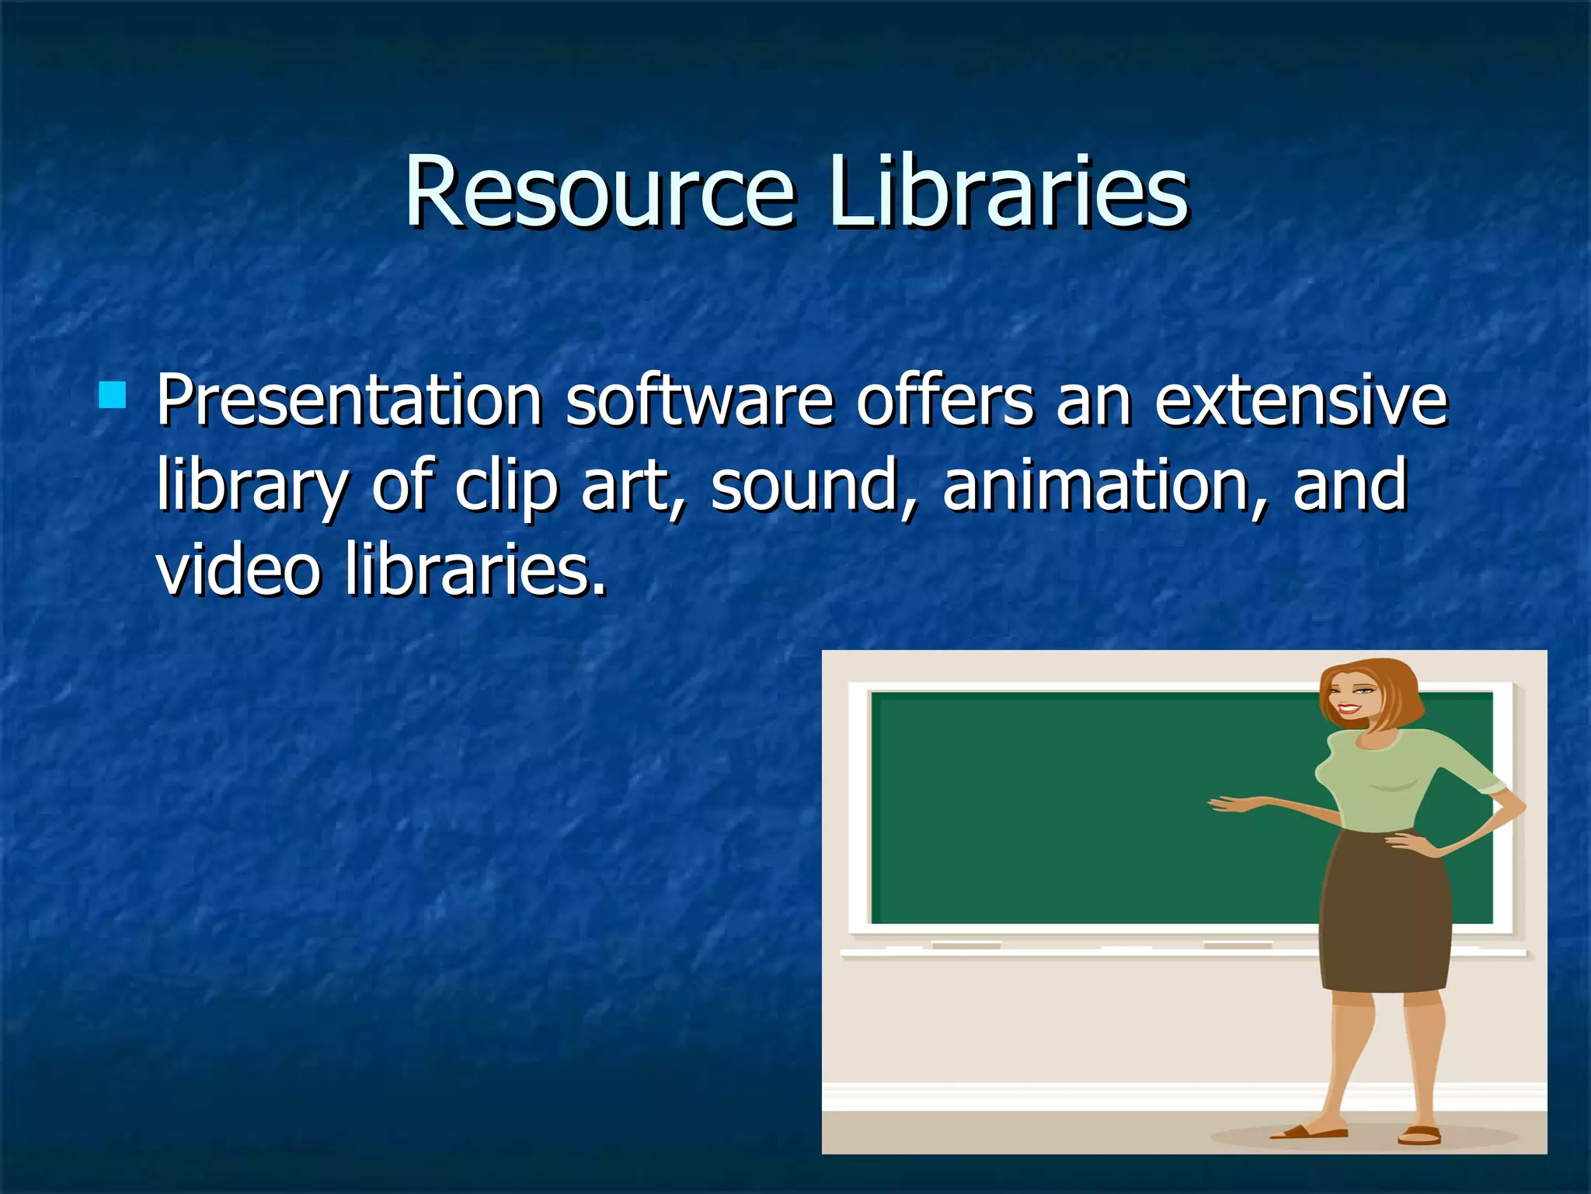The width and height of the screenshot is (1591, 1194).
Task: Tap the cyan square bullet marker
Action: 113,395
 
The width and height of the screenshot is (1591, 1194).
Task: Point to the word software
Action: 699,401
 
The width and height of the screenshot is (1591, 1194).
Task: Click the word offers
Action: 945,401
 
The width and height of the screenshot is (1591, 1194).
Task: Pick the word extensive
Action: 1301,401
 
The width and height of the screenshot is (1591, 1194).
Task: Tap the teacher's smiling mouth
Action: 1349,710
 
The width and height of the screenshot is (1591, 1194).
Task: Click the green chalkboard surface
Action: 1088,808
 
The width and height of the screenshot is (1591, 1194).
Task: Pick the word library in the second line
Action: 252,487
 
